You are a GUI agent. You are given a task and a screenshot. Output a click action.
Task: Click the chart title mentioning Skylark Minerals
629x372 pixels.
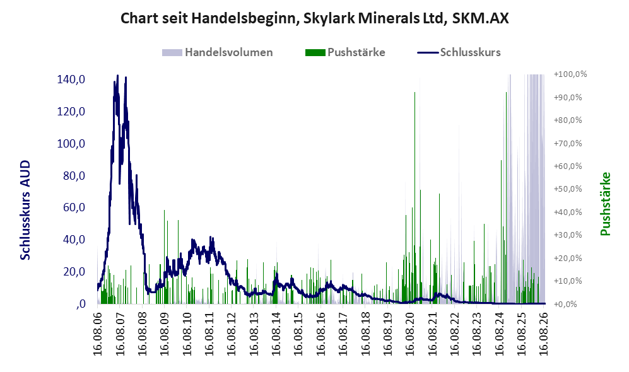point(314,18)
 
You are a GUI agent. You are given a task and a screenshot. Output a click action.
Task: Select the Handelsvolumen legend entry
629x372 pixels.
point(218,52)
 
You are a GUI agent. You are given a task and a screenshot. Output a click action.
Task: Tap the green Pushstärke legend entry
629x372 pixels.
point(345,52)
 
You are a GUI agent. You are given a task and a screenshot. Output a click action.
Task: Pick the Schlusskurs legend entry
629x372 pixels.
point(459,52)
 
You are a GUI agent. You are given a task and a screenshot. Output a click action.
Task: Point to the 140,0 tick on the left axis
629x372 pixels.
point(71,79)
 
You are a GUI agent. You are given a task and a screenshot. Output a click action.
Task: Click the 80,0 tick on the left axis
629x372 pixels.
point(74,175)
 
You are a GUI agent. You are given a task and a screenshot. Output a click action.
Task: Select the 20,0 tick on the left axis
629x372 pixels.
point(74,272)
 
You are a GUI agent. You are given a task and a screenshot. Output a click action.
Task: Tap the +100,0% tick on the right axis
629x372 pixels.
point(570,74)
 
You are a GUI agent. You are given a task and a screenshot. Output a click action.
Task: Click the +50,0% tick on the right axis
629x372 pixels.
point(568,189)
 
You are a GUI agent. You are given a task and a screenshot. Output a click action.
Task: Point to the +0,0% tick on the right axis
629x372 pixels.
point(566,304)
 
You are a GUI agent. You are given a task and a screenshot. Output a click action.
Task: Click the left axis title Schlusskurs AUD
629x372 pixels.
point(25,210)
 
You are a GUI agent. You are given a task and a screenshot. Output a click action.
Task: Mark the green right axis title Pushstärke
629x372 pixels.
point(605,204)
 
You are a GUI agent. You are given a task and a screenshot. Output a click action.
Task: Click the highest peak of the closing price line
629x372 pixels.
point(117,76)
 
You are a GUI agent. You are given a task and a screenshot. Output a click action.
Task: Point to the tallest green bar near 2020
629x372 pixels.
point(414,197)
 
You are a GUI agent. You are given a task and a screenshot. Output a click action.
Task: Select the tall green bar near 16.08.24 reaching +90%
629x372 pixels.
point(506,197)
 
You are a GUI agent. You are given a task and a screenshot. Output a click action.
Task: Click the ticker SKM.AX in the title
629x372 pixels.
point(480,18)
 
